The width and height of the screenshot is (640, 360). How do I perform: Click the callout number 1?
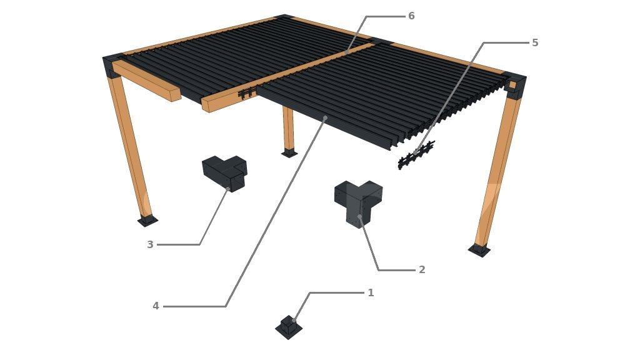point(371,292)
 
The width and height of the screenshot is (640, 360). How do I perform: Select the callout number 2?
point(422,270)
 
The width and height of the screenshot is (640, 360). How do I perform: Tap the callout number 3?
point(150,244)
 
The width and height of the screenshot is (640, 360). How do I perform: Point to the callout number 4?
point(156,306)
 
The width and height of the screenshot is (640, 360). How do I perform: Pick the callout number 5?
point(535,43)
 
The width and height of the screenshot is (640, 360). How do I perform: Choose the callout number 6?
point(411,16)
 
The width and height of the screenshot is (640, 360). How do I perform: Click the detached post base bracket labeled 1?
point(289,327)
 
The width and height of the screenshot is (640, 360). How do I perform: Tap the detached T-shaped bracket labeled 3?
point(225,172)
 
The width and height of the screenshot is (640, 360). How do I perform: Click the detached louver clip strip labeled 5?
point(416,155)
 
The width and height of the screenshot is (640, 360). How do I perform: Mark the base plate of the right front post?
point(479,250)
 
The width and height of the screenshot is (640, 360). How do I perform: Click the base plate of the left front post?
point(147,221)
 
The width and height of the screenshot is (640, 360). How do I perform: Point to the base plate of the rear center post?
point(289,154)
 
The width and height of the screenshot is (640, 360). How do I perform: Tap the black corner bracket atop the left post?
point(112,64)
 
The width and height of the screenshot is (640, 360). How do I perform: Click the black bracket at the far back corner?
point(286,17)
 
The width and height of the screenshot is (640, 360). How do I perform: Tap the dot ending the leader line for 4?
point(325,118)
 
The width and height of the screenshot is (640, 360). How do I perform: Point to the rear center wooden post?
point(288,129)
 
